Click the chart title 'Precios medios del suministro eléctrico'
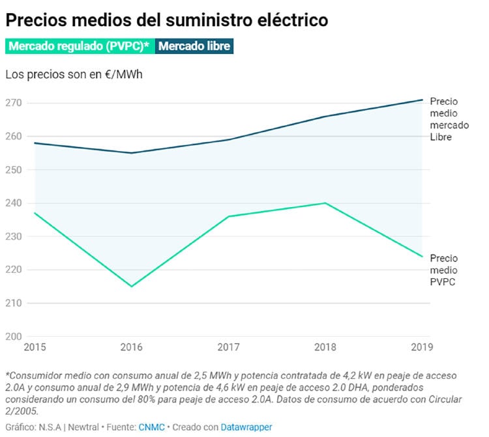pyautogui.click(x=166, y=20)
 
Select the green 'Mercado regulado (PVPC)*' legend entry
pyautogui.click(x=79, y=47)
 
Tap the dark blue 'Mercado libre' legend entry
pyautogui.click(x=194, y=47)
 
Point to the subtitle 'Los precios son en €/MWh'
pyautogui.click(x=74, y=74)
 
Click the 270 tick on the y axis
pyautogui.click(x=14, y=103)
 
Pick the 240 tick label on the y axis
pyautogui.click(x=14, y=203)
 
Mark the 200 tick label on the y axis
pyautogui.click(x=14, y=336)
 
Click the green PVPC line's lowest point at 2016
pyautogui.click(x=132, y=287)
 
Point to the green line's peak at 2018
pyautogui.click(x=325, y=203)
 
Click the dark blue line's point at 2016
pyautogui.click(x=132, y=153)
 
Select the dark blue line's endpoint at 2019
pyautogui.click(x=422, y=100)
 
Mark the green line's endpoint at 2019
pyautogui.click(x=422, y=257)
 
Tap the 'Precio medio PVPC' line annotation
pyautogui.click(x=444, y=270)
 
